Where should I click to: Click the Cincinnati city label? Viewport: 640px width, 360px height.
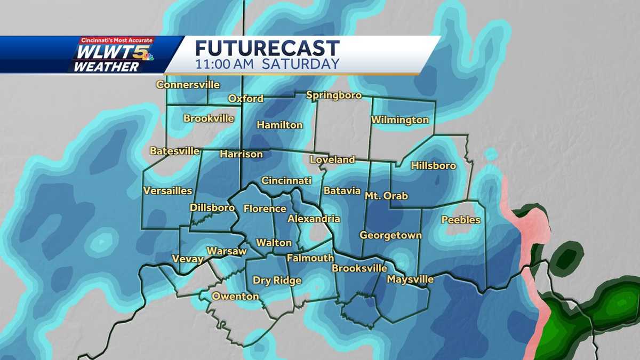pos(286,181)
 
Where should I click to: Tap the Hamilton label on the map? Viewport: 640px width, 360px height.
pos(279,125)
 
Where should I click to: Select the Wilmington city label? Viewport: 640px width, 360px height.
pos(400,120)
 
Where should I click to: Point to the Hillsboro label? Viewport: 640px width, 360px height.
pos(434,166)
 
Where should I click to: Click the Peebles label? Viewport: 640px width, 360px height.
pos(461,220)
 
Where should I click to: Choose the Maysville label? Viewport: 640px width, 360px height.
pos(410,279)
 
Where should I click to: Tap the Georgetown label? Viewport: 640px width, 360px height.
pos(390,235)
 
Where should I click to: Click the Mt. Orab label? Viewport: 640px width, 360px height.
pos(386,196)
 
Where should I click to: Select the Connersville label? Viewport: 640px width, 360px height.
pos(188,85)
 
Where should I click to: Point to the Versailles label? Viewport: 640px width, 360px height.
pos(167,191)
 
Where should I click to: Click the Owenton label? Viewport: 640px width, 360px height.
pos(235,297)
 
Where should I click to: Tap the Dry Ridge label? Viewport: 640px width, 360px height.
pos(277,281)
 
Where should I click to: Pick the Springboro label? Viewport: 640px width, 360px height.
pos(334,95)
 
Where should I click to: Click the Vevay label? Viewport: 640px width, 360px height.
pos(188,259)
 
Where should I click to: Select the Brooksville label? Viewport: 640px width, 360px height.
pos(358,268)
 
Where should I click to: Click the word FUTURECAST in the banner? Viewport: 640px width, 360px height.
pos(267,49)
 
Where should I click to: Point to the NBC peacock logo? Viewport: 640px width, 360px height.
pos(147,57)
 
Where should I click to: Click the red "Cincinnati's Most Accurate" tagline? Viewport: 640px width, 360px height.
pos(116,41)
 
